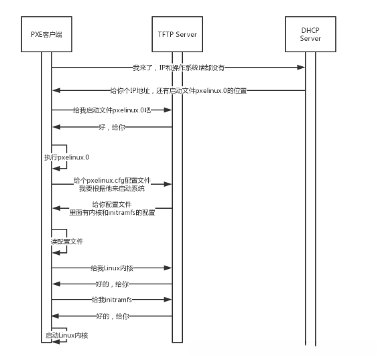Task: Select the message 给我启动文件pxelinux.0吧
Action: coord(111,109)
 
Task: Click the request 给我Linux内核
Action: coord(111,268)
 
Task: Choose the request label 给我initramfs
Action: coord(111,300)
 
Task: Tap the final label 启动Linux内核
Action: coord(67,335)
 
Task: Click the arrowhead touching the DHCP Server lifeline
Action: coord(302,67)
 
